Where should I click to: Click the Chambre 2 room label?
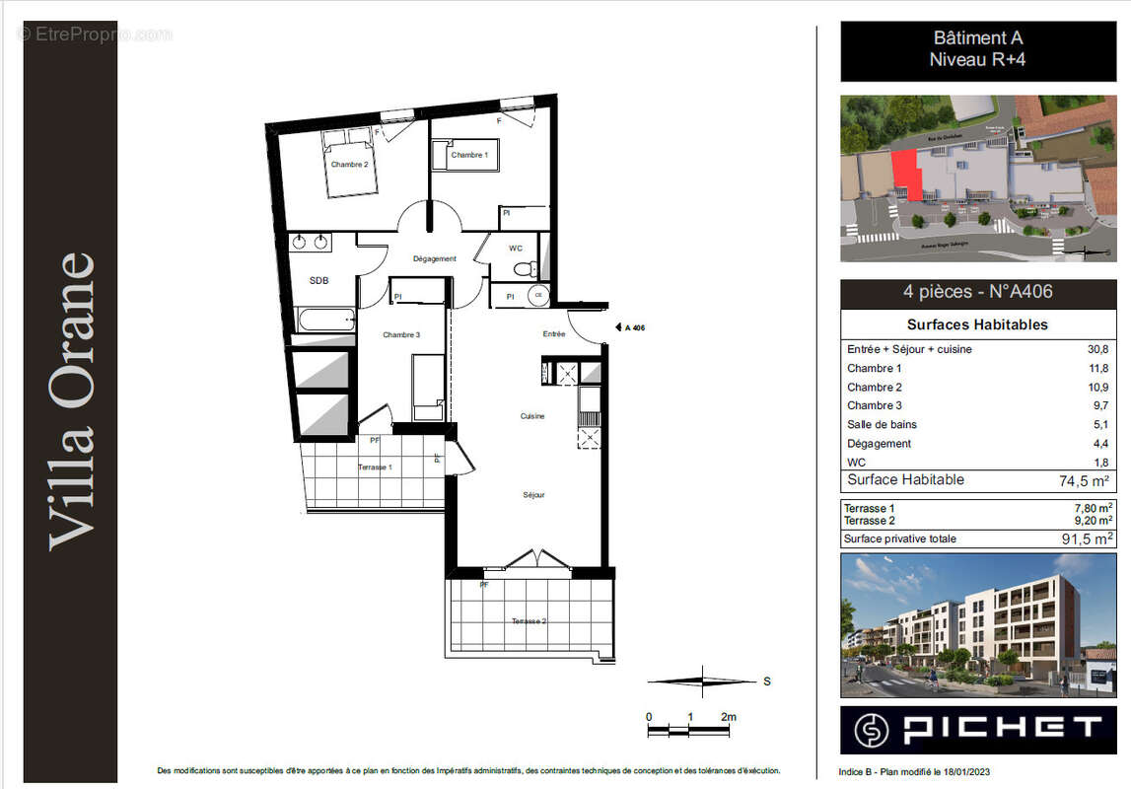coord(349,165)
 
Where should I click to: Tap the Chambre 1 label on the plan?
coord(468,155)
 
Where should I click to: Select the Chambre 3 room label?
coord(401,335)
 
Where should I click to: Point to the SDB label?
coord(318,281)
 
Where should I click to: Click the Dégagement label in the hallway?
coord(434,259)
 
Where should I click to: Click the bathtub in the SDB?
coord(324,319)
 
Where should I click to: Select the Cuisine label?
coord(532,416)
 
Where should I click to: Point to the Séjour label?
coord(533,495)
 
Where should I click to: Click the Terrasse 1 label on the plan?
coord(375,467)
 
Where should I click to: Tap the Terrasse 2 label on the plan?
coord(530,622)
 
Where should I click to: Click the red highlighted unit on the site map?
coord(907,175)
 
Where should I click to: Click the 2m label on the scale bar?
coord(728,717)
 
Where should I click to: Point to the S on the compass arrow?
coord(767,681)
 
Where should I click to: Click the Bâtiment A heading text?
coord(977,38)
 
